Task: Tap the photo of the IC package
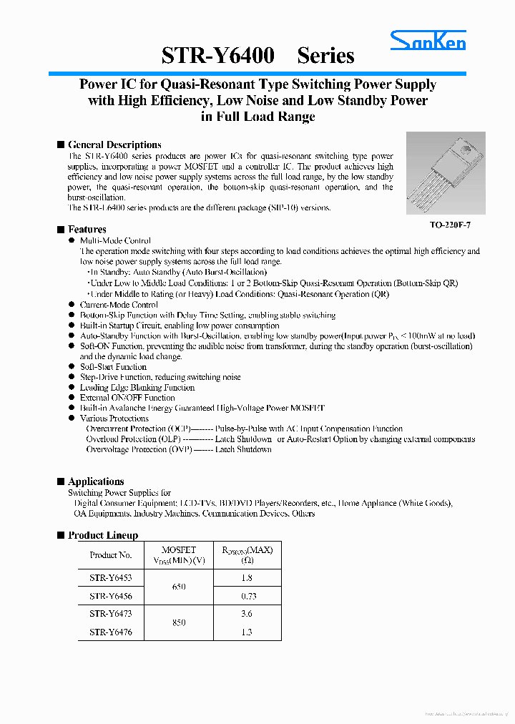coord(446,173)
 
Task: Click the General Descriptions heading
coord(114,145)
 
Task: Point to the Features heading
coord(87,229)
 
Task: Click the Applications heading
coord(96,481)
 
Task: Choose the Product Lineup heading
coord(103,535)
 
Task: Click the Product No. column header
coord(111,554)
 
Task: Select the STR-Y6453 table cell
coord(111,577)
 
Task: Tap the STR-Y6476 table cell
coord(111,632)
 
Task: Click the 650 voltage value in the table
coord(179,587)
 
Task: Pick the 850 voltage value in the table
coord(179,622)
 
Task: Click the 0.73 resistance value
coord(247,596)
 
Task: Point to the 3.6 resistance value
coord(247,614)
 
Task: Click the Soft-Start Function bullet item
coord(113,367)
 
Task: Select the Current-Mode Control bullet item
coord(119,305)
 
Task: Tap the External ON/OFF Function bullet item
coord(127,398)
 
